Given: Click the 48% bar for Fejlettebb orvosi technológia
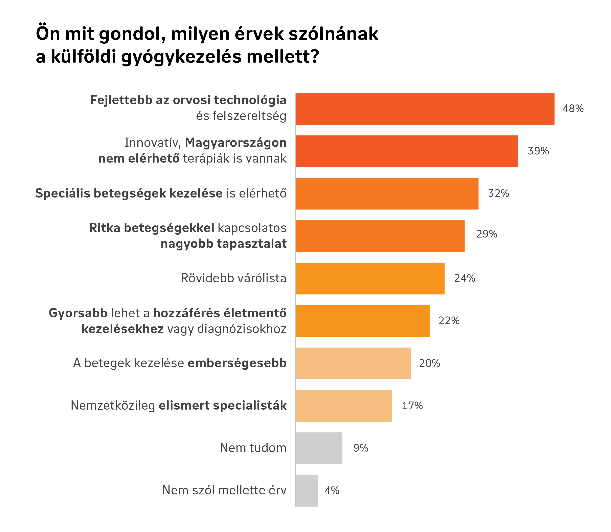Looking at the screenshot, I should coord(425,109).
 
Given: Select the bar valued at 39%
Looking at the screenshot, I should coord(406,151).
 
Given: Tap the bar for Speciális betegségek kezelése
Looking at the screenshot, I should coord(387,193).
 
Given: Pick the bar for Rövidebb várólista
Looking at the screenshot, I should coord(370,279).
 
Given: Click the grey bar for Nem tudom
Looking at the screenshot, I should coord(319,448).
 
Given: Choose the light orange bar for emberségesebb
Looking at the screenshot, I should coord(353,363).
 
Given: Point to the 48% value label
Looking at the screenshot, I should coord(573,109).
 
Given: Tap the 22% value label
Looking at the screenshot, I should coord(449,321).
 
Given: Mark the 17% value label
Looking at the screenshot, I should coord(412,406).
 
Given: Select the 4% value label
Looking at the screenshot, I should coord(332,490).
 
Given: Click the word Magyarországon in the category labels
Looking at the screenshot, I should coord(235,143).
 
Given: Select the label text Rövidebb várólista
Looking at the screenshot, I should coord(233,279).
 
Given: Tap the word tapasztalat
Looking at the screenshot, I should coord(252,244).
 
